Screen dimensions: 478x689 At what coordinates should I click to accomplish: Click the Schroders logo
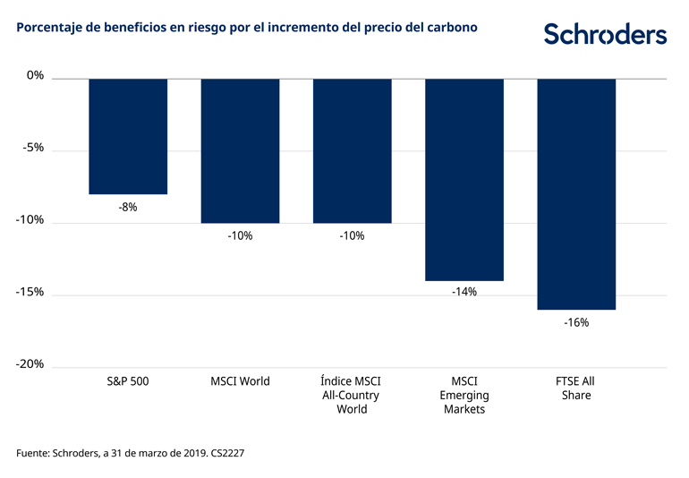[605, 35]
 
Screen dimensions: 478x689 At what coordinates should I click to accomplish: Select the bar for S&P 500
[128, 136]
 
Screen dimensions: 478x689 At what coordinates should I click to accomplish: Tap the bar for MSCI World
[240, 150]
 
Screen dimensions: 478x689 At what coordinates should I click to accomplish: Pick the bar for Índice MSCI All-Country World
[352, 150]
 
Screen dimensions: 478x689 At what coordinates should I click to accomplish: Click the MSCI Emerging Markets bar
[464, 179]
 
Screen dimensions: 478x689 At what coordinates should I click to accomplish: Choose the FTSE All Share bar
[576, 193]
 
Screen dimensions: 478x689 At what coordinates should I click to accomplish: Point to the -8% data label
[128, 207]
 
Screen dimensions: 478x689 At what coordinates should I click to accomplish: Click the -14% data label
[464, 292]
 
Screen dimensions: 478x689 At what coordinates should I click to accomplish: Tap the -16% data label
[576, 321]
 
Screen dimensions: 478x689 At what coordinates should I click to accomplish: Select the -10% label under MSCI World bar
[240, 235]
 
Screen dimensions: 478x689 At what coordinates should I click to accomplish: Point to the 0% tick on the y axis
[35, 76]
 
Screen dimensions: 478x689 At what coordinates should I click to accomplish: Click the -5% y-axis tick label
[32, 149]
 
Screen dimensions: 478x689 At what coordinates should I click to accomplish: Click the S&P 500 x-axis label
[128, 381]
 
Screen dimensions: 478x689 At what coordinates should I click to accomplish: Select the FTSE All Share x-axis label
[576, 388]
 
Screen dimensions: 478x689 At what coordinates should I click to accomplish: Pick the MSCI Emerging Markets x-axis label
[464, 395]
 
